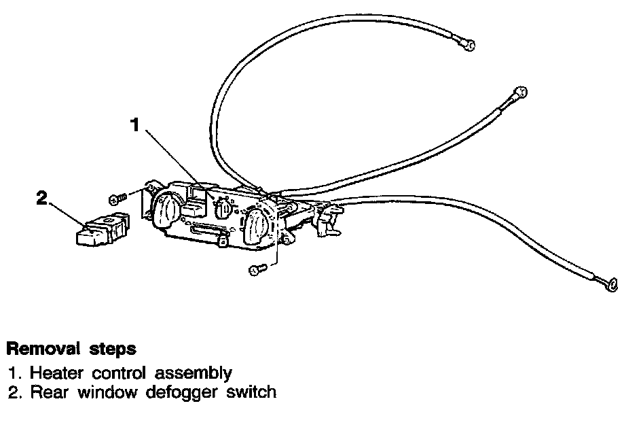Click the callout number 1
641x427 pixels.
(x=135, y=124)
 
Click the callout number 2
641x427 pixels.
(x=42, y=198)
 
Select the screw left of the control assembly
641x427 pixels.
(x=117, y=198)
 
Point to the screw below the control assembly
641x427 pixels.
(x=257, y=270)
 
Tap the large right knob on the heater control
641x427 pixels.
(x=255, y=226)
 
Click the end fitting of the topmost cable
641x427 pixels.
(x=469, y=45)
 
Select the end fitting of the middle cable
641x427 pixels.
(x=519, y=92)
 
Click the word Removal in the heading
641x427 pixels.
(x=41, y=349)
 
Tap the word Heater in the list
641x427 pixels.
(x=54, y=373)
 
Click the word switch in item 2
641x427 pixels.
(x=253, y=392)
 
